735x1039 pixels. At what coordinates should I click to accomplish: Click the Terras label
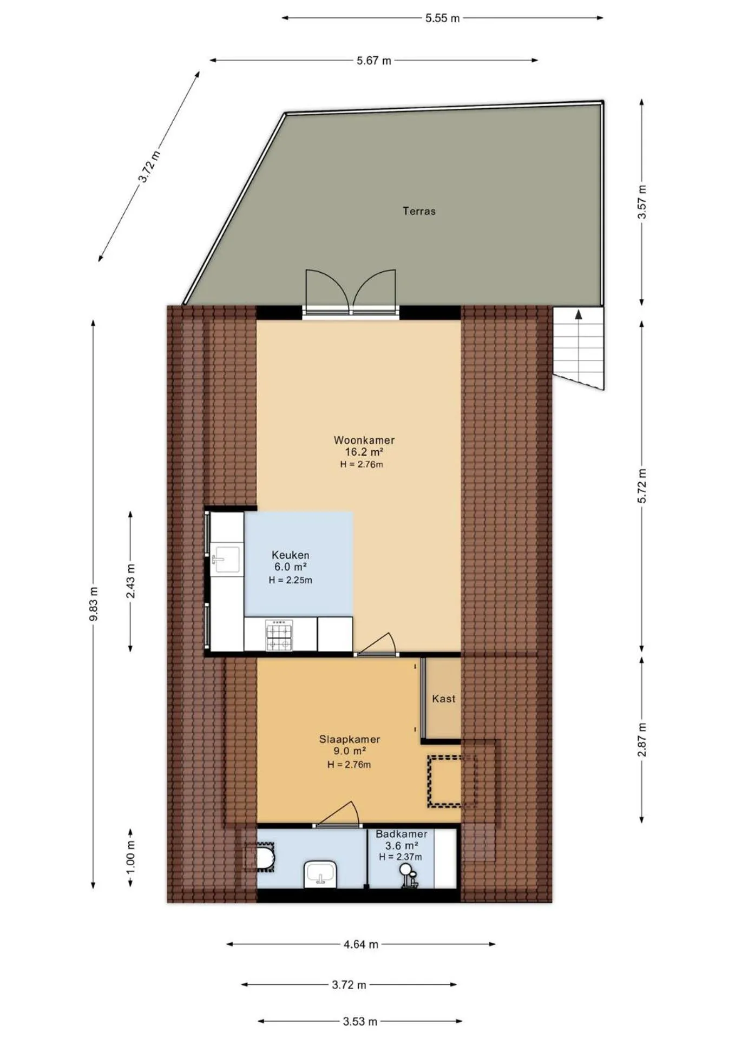(x=419, y=211)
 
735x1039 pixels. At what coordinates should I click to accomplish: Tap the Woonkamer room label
(x=364, y=440)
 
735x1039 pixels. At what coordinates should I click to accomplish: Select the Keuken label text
(x=291, y=555)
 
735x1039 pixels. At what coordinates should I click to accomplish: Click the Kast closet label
(x=443, y=699)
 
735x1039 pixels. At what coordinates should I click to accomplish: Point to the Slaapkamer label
(x=350, y=739)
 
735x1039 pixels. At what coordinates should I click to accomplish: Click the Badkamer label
(x=402, y=834)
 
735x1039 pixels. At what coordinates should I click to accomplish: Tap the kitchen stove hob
(x=279, y=635)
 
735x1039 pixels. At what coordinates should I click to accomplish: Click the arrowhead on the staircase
(x=579, y=314)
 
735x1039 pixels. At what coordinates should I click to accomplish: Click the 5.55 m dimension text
(x=442, y=18)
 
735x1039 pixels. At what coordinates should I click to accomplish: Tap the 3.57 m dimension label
(x=642, y=202)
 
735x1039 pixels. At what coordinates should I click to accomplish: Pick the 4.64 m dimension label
(x=361, y=944)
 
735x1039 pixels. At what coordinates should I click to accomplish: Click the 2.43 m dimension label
(x=130, y=581)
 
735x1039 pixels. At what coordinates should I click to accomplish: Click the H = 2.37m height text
(x=401, y=857)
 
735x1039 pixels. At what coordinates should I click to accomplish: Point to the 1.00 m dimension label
(x=130, y=857)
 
